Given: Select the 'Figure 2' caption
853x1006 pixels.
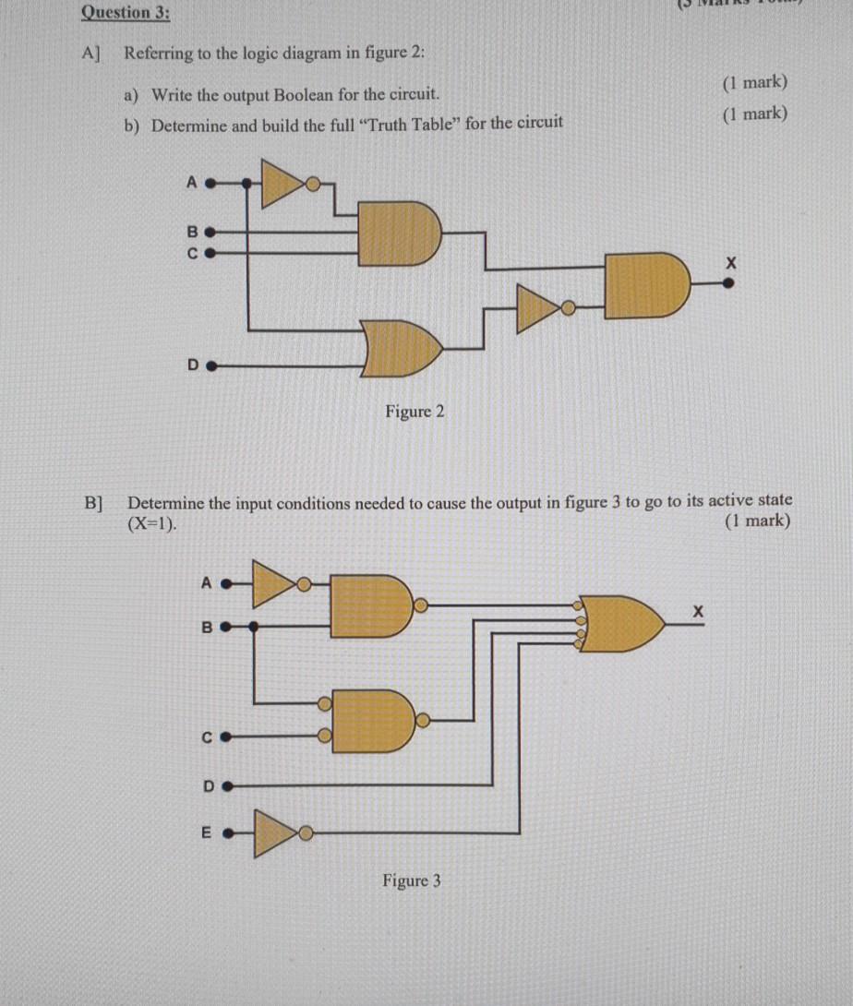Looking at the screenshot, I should (414, 411).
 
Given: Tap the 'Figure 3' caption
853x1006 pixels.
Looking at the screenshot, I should (412, 880).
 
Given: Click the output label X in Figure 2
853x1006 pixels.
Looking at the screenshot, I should (730, 263).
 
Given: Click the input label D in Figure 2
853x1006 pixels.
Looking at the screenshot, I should (193, 365).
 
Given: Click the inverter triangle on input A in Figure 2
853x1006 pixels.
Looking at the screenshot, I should (283, 183).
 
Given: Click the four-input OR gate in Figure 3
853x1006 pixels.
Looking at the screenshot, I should (622, 624).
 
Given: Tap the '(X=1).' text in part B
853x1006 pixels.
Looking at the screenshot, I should (153, 521).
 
